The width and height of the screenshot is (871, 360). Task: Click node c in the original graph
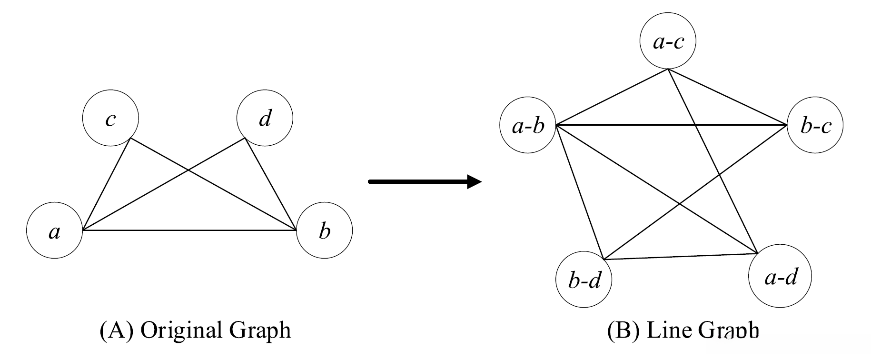tap(110, 118)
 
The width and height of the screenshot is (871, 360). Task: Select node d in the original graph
tap(265, 118)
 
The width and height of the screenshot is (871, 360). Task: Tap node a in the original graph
tap(55, 231)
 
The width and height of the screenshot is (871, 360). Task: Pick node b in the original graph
tap(324, 231)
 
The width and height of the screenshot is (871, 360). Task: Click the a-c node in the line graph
tap(668, 41)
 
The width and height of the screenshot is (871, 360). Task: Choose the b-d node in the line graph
tap(584, 280)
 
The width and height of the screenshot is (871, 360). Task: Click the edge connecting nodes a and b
tap(190, 230)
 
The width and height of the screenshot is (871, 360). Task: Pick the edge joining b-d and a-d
tap(681, 256)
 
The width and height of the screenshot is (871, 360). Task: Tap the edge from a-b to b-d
tap(579, 192)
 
